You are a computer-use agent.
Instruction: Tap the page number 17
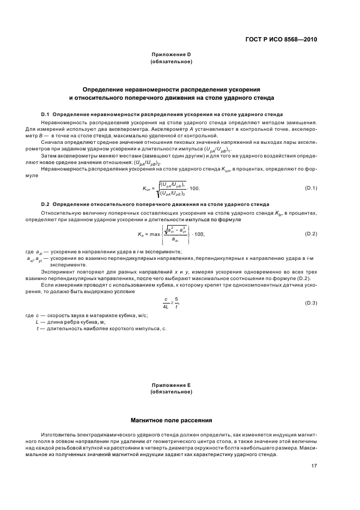[314, 465]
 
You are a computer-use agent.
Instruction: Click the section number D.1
[45, 115]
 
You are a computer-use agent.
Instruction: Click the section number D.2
[45, 204]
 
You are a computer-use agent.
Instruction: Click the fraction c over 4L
[167, 303]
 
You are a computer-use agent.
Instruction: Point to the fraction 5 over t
[176, 303]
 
